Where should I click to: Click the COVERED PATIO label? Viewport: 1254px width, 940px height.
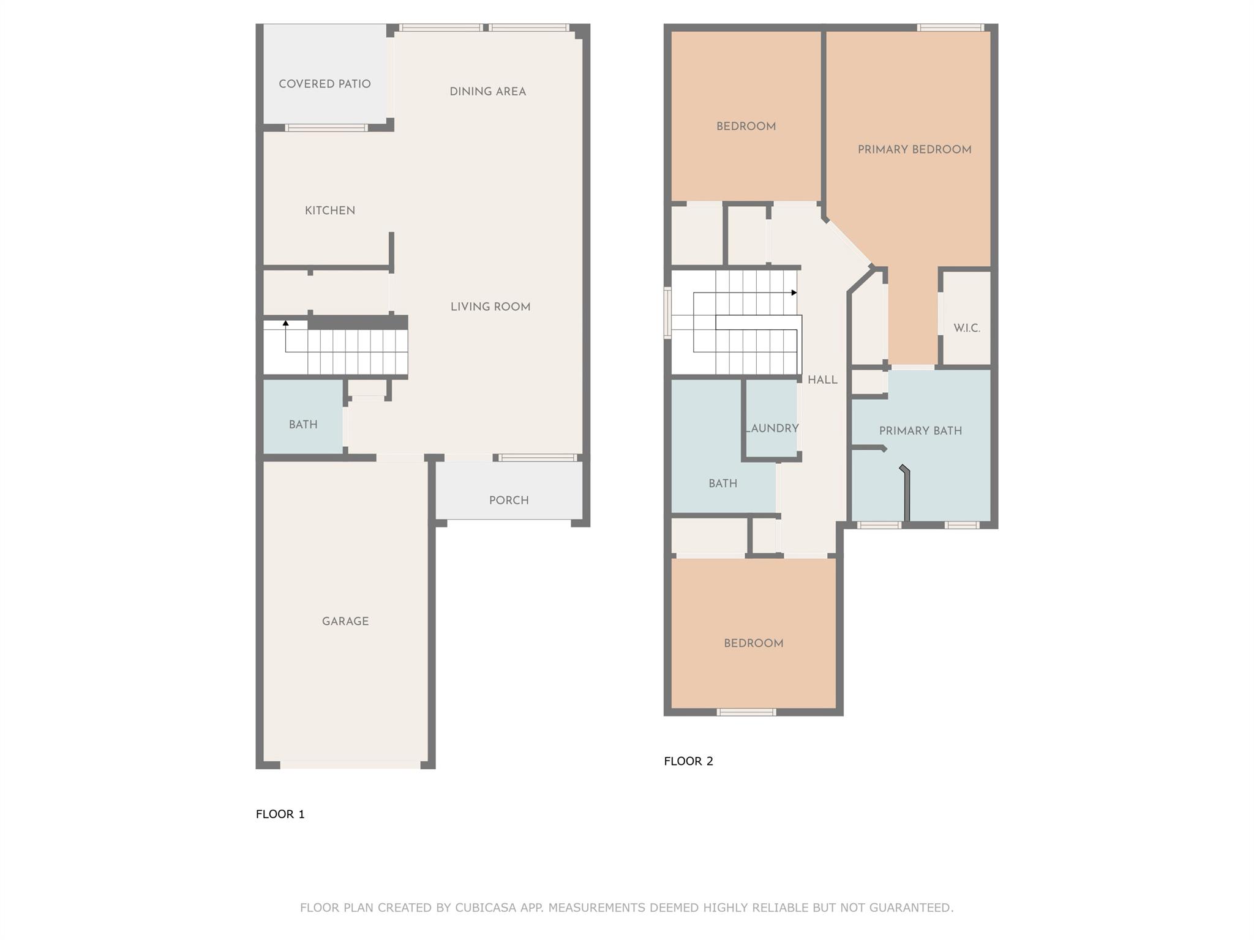pyautogui.click(x=325, y=84)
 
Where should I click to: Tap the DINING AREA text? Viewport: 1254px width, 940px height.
pyautogui.click(x=487, y=92)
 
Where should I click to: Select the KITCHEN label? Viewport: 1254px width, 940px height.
pyautogui.click(x=330, y=211)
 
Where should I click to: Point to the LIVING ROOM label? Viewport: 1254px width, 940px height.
pyautogui.click(x=490, y=307)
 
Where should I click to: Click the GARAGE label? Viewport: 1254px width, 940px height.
pyautogui.click(x=345, y=621)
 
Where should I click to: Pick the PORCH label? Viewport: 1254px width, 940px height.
pyautogui.click(x=509, y=501)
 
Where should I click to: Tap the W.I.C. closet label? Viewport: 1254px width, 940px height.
pyautogui.click(x=967, y=329)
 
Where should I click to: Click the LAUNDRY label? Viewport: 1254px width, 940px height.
pyautogui.click(x=772, y=428)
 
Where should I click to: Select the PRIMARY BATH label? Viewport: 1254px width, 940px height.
pyautogui.click(x=920, y=431)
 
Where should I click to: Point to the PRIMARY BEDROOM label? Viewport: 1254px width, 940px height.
pyautogui.click(x=914, y=150)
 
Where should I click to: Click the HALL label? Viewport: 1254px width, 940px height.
pyautogui.click(x=822, y=380)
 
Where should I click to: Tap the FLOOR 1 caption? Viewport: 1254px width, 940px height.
pyautogui.click(x=280, y=814)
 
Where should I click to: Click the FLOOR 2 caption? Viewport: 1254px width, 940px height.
pyautogui.click(x=688, y=761)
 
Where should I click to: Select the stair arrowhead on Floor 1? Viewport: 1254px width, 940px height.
pyautogui.click(x=285, y=323)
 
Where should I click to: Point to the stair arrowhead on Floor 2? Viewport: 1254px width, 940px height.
pyautogui.click(x=794, y=293)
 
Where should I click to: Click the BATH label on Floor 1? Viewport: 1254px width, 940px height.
pyautogui.click(x=303, y=425)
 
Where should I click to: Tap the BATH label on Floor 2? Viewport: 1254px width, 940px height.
pyautogui.click(x=723, y=483)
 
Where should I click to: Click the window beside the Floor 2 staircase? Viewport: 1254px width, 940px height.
pyautogui.click(x=667, y=313)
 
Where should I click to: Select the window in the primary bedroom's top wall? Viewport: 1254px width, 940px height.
pyautogui.click(x=950, y=28)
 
